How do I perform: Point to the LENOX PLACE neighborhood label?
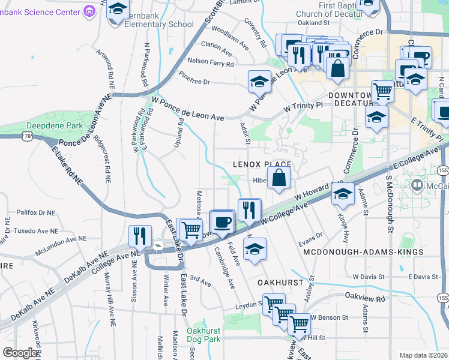pos(262,164)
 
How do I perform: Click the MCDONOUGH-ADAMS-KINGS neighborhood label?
pos(363,253)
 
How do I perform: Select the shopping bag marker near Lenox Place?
pos(279,178)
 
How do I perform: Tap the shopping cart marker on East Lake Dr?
pos(190,230)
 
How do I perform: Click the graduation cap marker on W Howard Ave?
pos(343,194)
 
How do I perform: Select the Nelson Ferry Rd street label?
pos(210,62)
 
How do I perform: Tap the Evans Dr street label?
pos(310,238)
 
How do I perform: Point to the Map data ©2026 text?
pos(423,355)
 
